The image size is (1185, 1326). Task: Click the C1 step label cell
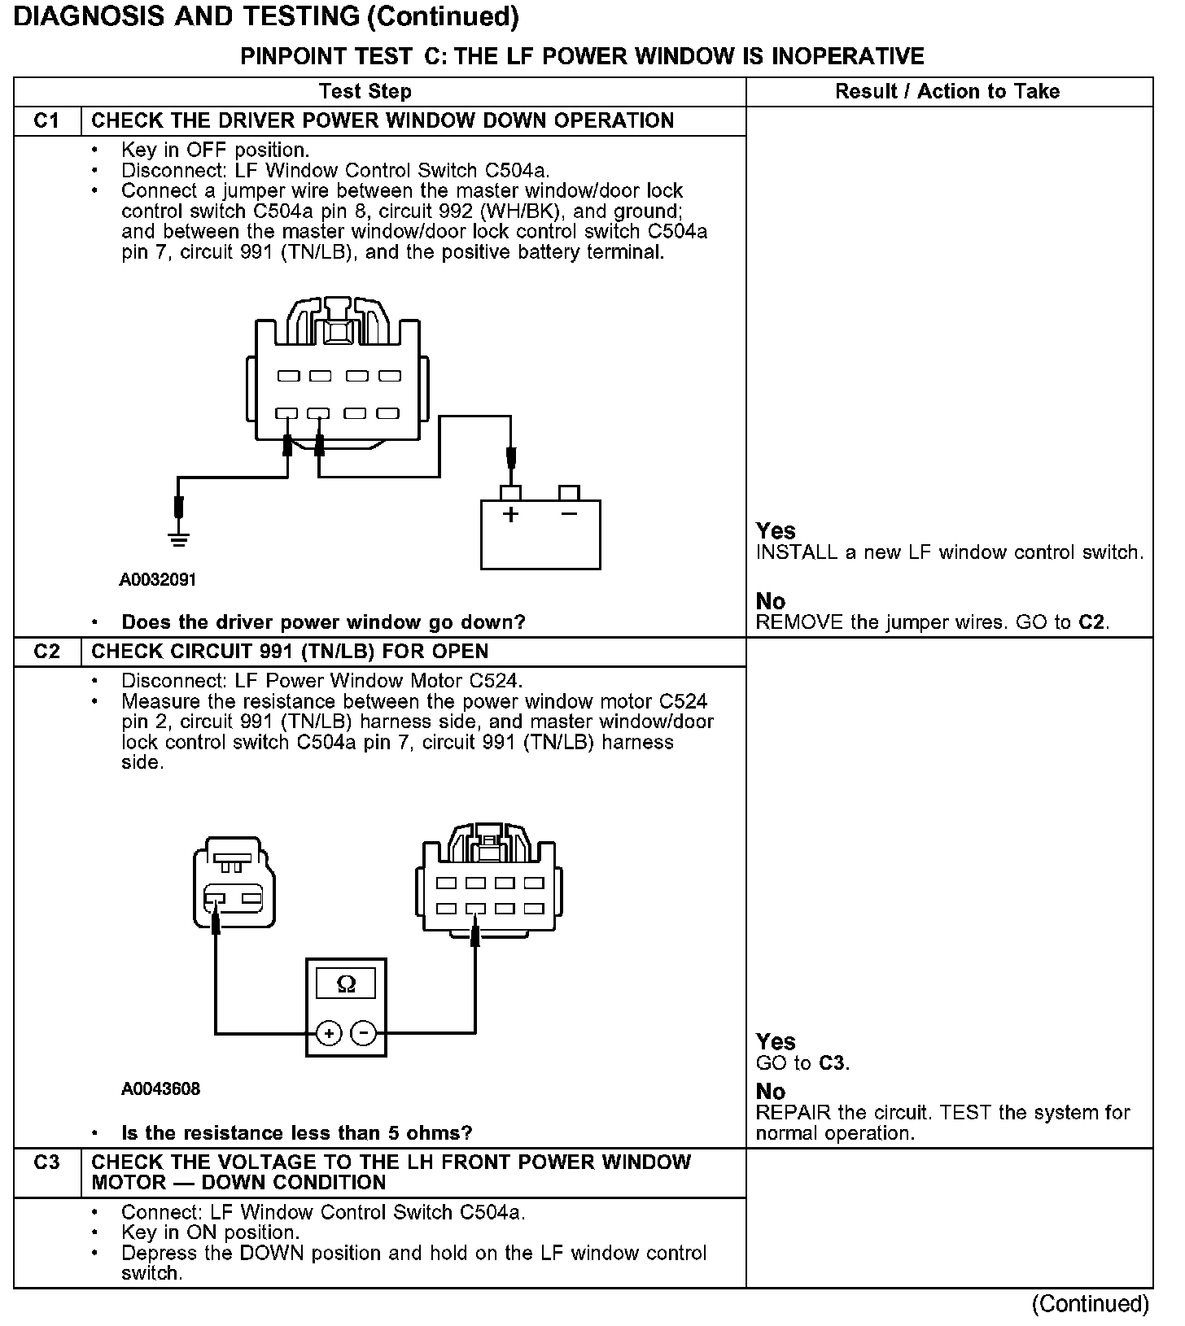[47, 121]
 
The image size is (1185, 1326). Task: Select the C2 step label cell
[47, 652]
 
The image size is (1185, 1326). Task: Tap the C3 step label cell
[47, 1163]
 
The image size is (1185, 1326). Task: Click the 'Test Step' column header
[365, 92]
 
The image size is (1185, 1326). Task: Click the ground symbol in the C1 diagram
[179, 539]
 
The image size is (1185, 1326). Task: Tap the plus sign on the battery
[510, 515]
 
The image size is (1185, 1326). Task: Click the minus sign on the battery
[569, 514]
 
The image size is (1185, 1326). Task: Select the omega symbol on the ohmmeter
[346, 985]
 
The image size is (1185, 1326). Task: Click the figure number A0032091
[158, 580]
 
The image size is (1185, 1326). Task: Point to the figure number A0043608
[160, 1088]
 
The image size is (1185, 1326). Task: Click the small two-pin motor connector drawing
[234, 883]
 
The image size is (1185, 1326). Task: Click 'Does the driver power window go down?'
[323, 623]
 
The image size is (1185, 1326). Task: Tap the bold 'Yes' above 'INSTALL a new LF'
[776, 531]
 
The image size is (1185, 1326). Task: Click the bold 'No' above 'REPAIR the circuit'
[770, 1092]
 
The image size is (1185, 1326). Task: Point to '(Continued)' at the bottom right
[1091, 1304]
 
